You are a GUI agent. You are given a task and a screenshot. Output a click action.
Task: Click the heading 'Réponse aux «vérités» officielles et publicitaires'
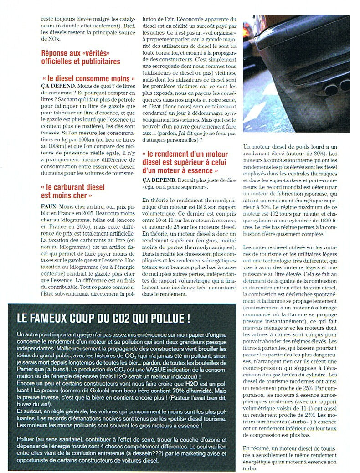pos(81,57)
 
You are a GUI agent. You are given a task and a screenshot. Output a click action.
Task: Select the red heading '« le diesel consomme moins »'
pos(88,78)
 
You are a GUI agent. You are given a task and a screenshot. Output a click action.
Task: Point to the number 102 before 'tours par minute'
pos(274,220)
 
